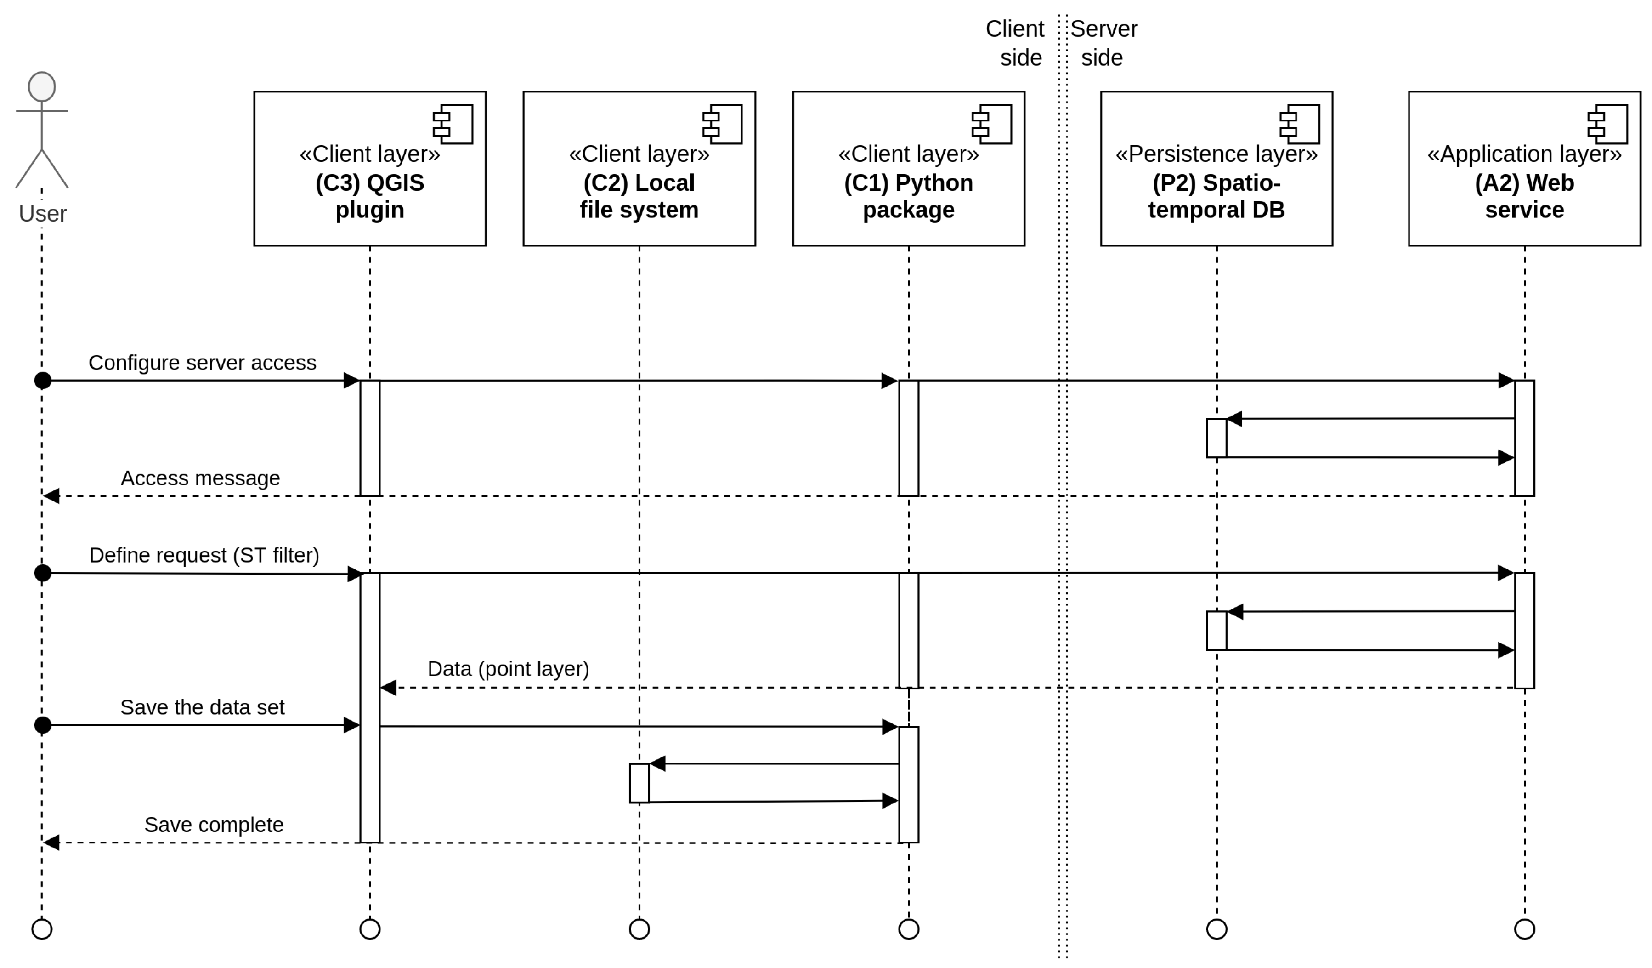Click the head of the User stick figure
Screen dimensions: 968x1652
pyautogui.click(x=42, y=86)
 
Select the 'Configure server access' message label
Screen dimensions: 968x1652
pyautogui.click(x=202, y=363)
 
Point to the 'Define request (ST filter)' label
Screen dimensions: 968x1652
pyautogui.click(x=204, y=556)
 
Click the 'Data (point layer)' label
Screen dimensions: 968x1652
pyautogui.click(x=508, y=669)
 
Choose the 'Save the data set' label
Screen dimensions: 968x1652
pyautogui.click(x=202, y=708)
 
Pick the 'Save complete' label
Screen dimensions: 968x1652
pyautogui.click(x=214, y=825)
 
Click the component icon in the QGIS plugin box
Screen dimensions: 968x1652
pyautogui.click(x=453, y=124)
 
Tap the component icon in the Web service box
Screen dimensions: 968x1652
pyautogui.click(x=1607, y=124)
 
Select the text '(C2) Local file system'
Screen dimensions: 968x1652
pyautogui.click(x=639, y=196)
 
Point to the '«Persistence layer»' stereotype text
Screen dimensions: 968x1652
pyautogui.click(x=1216, y=154)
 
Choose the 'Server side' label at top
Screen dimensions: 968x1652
pyautogui.click(x=1104, y=43)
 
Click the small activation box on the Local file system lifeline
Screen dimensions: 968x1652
pyautogui.click(x=639, y=783)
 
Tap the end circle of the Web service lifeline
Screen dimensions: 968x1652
pyautogui.click(x=1524, y=929)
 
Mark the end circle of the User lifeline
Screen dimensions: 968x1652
pyautogui.click(x=42, y=929)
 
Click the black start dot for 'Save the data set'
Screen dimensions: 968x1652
pyautogui.click(x=43, y=725)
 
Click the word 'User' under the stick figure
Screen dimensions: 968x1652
pyautogui.click(x=43, y=214)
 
